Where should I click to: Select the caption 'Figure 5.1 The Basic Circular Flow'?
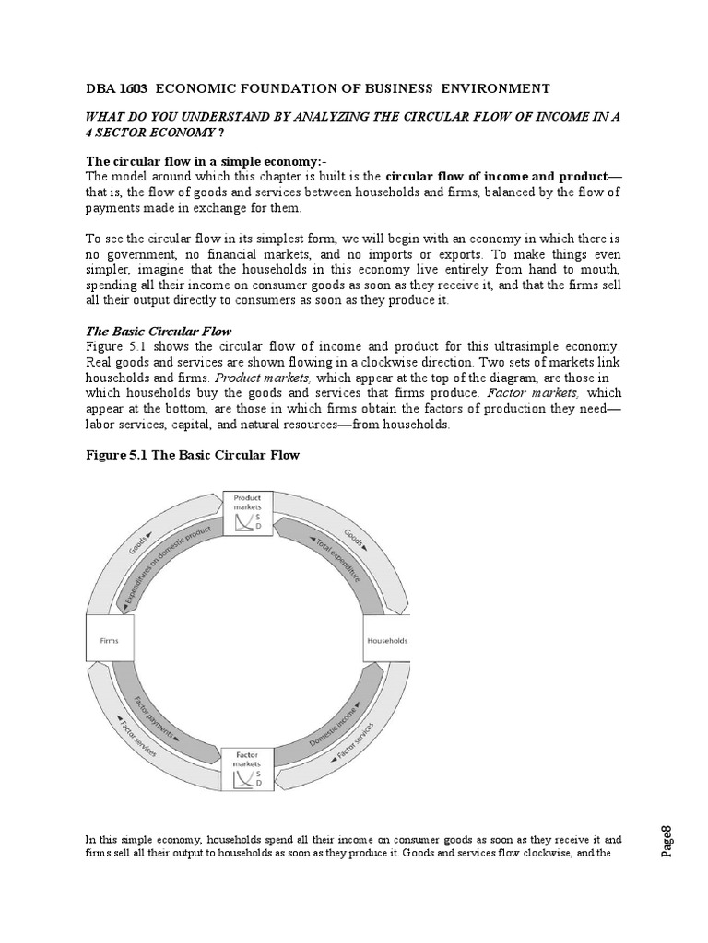click(192, 455)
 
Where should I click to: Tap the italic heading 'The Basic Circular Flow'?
click(159, 331)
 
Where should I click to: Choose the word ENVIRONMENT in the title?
click(500, 88)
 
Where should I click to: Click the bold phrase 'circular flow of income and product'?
click(496, 176)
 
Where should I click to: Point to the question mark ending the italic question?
click(171, 132)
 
